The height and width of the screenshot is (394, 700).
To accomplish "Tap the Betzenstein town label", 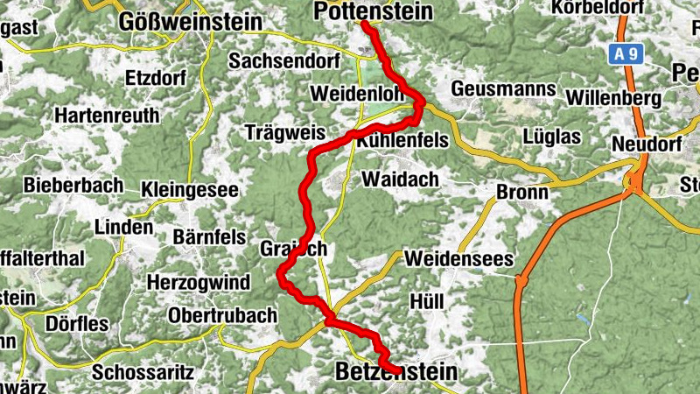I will coord(396,373).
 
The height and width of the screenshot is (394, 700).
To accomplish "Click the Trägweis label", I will coord(285,133).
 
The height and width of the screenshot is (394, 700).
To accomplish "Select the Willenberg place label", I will coord(610,97).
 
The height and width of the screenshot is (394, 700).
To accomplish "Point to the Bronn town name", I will coord(521,193).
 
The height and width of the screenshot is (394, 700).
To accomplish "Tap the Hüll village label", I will coord(428,301).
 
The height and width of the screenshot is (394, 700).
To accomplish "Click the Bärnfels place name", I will coord(208,237).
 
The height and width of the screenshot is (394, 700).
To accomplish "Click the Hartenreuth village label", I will coord(107,115).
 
